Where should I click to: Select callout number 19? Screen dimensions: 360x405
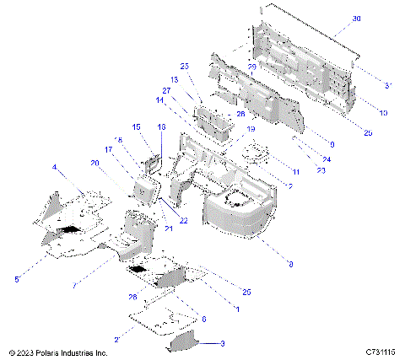click(251, 129)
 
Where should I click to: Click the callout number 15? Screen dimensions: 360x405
click(137, 126)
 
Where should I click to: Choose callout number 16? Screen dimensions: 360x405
click(162, 126)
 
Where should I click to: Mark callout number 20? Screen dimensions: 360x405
click(93, 163)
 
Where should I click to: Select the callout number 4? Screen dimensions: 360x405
click(56, 168)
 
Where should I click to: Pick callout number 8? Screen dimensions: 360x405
click(291, 264)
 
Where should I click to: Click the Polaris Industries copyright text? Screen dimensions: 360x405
click(57, 352)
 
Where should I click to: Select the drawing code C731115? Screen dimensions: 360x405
click(381, 352)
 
